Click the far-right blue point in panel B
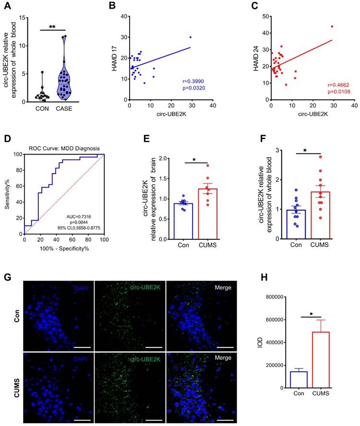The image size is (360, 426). click(x=191, y=37)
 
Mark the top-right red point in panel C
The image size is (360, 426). click(x=332, y=26)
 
